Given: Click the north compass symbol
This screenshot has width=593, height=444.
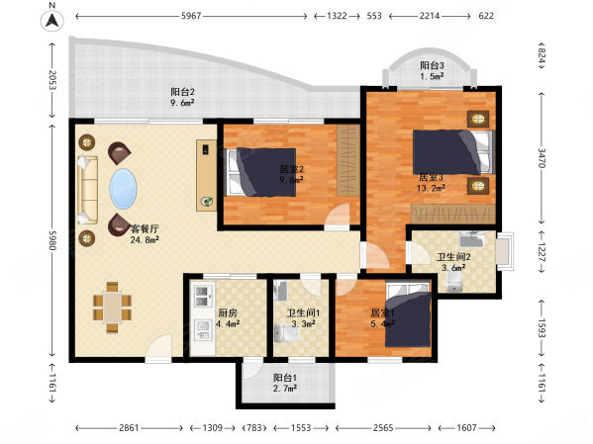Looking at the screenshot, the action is pyautogui.click(x=52, y=20).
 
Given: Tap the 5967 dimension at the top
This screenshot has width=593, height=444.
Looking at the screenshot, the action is pyautogui.click(x=191, y=16).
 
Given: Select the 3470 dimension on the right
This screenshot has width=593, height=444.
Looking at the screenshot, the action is pyautogui.click(x=542, y=158).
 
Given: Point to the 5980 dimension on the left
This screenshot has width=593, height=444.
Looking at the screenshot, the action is pyautogui.click(x=52, y=240).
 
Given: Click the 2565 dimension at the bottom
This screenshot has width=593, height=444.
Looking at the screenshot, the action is pyautogui.click(x=383, y=428).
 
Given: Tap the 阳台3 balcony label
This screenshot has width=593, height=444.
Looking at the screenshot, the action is pyautogui.click(x=432, y=65).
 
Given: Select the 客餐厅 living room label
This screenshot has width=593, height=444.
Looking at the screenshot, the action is pyautogui.click(x=145, y=229).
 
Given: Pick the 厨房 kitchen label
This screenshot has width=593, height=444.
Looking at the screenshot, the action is pyautogui.click(x=228, y=313).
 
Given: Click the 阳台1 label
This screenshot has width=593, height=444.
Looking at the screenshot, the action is pyautogui.click(x=285, y=378).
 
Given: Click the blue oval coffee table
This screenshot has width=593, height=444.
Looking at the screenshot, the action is pyautogui.click(x=123, y=189).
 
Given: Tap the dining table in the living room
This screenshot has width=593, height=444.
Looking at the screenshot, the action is pyautogui.click(x=112, y=308).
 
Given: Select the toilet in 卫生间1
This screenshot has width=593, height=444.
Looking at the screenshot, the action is pyautogui.click(x=285, y=333).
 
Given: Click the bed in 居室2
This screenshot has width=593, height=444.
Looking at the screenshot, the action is pyautogui.click(x=261, y=172).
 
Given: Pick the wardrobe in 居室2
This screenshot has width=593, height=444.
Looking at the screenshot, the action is pyautogui.click(x=348, y=160).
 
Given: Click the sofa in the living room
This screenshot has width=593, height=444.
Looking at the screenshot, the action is pyautogui.click(x=87, y=190).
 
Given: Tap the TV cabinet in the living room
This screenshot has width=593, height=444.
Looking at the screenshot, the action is pyautogui.click(x=206, y=175).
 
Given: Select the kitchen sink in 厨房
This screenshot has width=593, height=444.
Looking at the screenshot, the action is pyautogui.click(x=204, y=329).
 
